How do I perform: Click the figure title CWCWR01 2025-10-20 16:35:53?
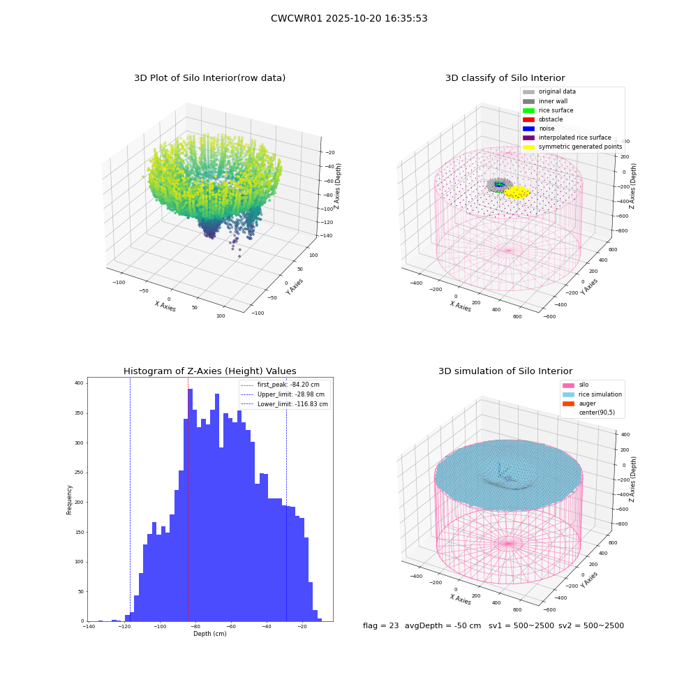349,18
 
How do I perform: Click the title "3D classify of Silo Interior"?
505,78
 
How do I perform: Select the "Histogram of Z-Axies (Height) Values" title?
209,371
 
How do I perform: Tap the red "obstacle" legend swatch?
528,119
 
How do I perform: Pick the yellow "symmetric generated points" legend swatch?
528,147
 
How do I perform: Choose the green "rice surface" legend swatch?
528,110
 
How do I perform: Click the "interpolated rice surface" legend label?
574,138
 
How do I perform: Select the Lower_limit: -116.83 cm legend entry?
284,404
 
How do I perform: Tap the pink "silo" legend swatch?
568,385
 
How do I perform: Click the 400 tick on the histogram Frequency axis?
80,383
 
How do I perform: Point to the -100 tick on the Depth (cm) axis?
160,626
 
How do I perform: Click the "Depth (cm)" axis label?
209,634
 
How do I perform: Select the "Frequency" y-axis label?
69,500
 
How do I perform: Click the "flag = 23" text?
380,625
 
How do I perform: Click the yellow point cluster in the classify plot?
517,193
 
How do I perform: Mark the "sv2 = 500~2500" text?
591,625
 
